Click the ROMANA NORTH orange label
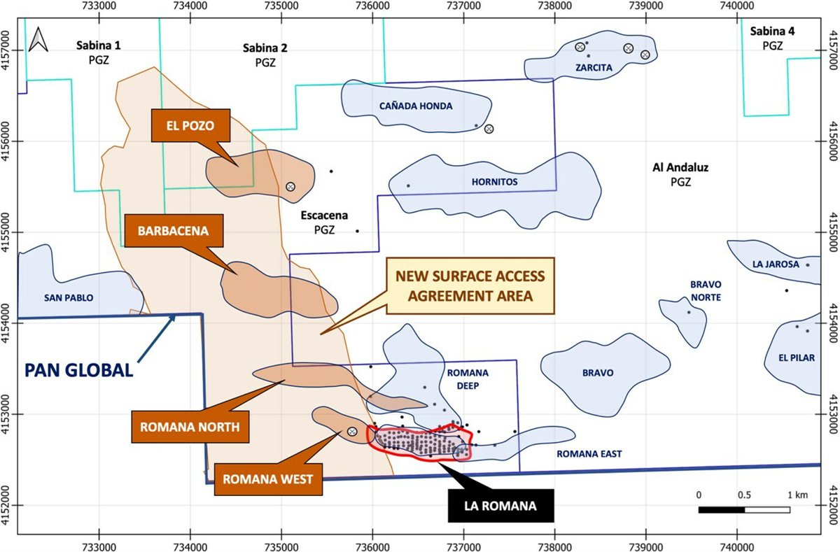pyautogui.click(x=190, y=426)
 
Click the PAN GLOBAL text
pyautogui.click(x=79, y=369)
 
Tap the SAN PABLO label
pyautogui.click(x=69, y=297)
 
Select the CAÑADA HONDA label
pyautogui.click(x=416, y=106)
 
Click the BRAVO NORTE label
pyautogui.click(x=706, y=291)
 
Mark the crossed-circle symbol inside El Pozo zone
pyautogui.click(x=290, y=187)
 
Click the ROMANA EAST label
pyautogui.click(x=589, y=454)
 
